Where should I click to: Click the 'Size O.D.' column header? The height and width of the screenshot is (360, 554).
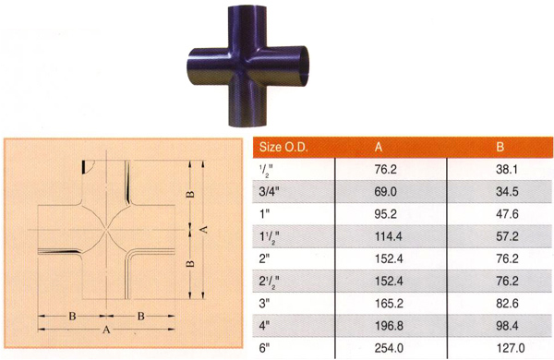283,147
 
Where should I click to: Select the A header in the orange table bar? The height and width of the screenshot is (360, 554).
378,147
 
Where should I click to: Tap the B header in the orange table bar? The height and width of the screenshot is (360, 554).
500,147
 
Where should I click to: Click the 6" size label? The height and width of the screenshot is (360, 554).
264,348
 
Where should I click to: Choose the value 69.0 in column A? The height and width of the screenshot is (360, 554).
385,192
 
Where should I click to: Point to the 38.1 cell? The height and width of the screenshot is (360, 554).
507,170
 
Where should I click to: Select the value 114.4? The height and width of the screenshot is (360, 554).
388,236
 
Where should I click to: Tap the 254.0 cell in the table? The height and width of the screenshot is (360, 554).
389,348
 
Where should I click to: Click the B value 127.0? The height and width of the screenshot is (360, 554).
511,348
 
